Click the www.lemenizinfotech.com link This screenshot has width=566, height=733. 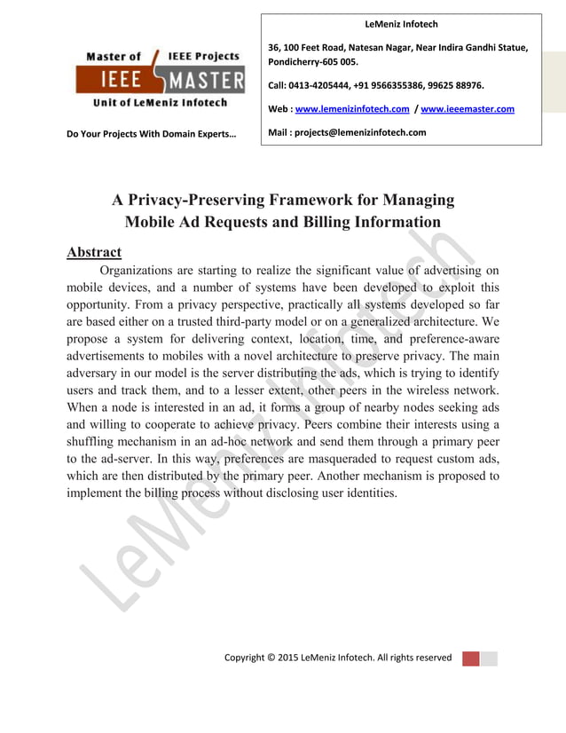coord(351,109)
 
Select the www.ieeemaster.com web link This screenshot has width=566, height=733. coord(468,109)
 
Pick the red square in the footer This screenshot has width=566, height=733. coord(471,658)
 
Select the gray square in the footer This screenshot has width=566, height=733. coord(489,658)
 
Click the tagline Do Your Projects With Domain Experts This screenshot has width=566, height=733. coord(155,134)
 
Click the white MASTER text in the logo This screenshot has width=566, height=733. coord(208,80)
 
